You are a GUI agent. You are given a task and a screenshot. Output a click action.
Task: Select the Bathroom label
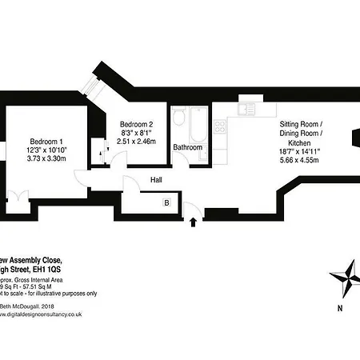188,148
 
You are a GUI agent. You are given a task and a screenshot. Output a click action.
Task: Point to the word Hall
157,181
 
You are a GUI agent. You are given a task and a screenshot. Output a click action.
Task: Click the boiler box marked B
166,203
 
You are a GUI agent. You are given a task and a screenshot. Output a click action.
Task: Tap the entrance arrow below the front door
193,223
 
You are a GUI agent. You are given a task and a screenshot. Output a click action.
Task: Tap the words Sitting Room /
299,125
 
